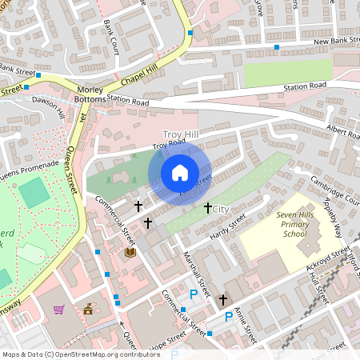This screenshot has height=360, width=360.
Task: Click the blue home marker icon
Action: pos(180,173)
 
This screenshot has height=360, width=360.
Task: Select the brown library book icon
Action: pos(130,252)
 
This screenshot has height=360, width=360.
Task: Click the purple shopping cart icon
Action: pos(58,309)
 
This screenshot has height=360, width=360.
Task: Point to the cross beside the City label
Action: pos(208,208)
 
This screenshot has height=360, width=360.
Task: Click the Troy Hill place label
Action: pos(179,134)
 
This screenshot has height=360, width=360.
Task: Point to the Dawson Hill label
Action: pos(48,109)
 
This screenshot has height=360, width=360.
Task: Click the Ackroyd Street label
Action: pos(327,258)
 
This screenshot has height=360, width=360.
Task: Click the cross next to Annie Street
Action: pos(223,300)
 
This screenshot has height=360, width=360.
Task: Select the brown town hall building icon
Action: pos(87,309)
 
